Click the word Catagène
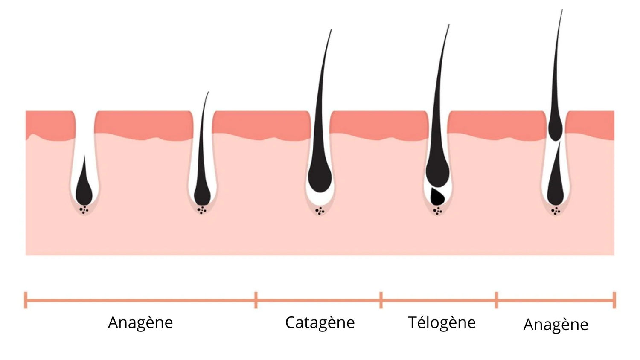pos(320,323)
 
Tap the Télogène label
pos(442,323)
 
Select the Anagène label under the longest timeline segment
pos(140,323)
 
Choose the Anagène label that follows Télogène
pos(556,325)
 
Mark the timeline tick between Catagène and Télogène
pos(381,300)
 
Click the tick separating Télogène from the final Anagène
pos(496,300)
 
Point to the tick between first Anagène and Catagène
pos(256,300)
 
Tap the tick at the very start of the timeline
pos(26,300)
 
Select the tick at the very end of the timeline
pos(614,300)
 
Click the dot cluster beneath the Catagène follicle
pos(320,211)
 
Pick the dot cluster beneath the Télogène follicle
pos(437,211)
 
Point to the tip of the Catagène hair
pos(331,30)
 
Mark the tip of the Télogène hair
pos(449,25)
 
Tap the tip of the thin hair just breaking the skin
pos(208,93)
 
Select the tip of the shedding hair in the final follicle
pos(562,10)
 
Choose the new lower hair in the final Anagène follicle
pos(556,183)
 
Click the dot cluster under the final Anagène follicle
pos(556,211)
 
